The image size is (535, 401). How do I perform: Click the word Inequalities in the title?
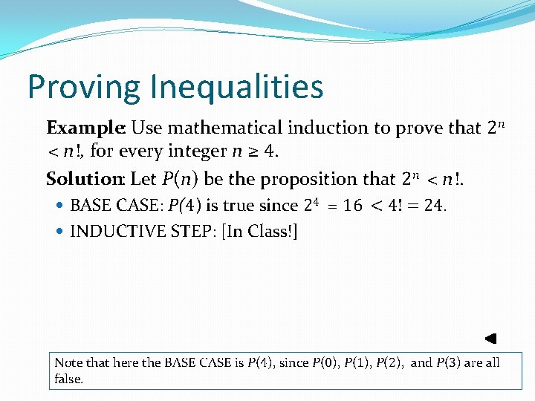(236, 87)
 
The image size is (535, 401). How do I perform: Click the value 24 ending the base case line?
(432, 205)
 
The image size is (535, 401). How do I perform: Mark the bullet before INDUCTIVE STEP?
(61, 231)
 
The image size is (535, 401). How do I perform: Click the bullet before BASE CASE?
(61, 205)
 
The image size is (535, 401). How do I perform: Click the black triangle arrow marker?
(490, 339)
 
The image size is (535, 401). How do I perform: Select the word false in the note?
(68, 379)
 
